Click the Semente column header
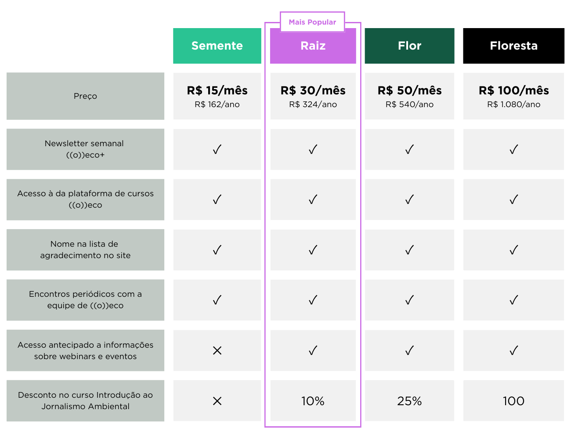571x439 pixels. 217,46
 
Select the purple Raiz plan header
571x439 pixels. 313,46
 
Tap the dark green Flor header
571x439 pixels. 409,46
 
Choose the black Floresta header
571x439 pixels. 513,46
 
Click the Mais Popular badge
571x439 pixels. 312,22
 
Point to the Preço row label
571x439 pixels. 85,96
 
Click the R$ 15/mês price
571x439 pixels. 217,90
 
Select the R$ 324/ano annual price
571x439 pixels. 313,104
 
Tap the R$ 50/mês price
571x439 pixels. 409,90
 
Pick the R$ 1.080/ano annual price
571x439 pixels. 513,104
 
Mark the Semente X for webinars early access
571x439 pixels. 217,350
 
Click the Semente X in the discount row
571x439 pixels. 217,401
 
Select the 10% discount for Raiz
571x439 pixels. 313,401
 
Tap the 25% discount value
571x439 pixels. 409,401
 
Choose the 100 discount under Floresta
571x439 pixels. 513,401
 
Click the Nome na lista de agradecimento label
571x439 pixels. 85,250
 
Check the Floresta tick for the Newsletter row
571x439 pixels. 513,150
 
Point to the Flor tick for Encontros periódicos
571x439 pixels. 409,300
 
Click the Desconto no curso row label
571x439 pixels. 85,401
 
